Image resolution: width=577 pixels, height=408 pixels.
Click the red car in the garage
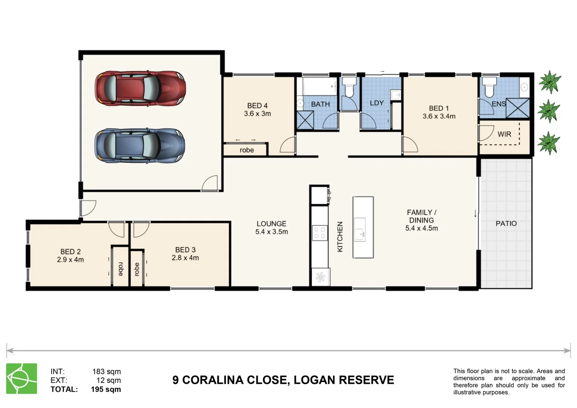click(140, 88)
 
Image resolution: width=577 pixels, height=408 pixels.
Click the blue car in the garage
click(139, 145)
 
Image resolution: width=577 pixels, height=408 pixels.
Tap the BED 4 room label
click(257, 106)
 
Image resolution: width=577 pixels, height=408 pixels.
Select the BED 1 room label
click(439, 108)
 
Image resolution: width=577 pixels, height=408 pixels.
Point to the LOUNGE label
click(271, 224)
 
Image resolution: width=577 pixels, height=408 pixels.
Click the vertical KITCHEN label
click(340, 236)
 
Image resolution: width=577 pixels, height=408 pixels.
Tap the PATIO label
click(506, 224)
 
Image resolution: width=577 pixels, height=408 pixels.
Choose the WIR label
click(504, 134)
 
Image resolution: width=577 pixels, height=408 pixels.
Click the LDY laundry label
click(377, 103)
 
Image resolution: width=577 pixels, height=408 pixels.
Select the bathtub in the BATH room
click(319, 87)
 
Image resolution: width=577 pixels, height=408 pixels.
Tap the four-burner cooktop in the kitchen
click(320, 232)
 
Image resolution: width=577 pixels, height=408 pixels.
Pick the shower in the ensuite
click(518, 108)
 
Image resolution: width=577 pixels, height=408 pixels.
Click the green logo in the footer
click(22, 379)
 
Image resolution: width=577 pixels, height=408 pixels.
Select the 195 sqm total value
click(106, 389)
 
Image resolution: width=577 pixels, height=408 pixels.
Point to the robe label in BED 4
click(246, 150)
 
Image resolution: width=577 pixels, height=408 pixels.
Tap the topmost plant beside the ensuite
click(549, 82)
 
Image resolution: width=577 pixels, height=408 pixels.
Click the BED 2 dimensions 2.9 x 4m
click(70, 260)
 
